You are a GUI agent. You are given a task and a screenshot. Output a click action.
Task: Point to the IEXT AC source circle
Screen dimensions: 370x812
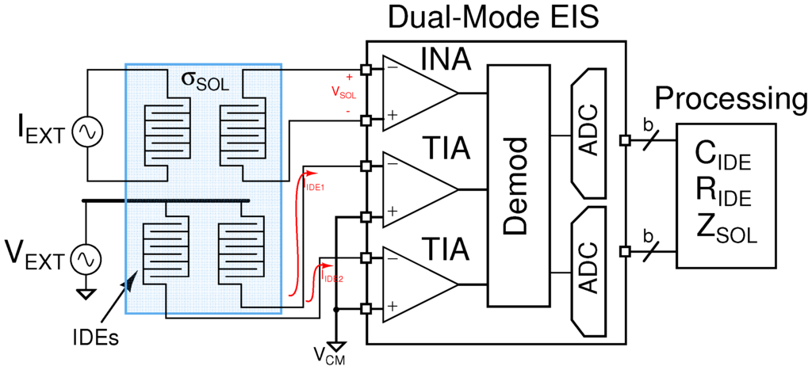[85, 132]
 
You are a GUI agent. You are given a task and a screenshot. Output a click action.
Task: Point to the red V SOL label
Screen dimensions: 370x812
[343, 92]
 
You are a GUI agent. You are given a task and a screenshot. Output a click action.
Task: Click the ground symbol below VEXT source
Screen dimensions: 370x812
[85, 292]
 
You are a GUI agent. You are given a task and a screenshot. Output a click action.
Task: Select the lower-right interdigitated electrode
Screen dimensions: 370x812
[239, 254]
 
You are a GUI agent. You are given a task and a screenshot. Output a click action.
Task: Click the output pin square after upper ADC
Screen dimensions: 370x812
[626, 140]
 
